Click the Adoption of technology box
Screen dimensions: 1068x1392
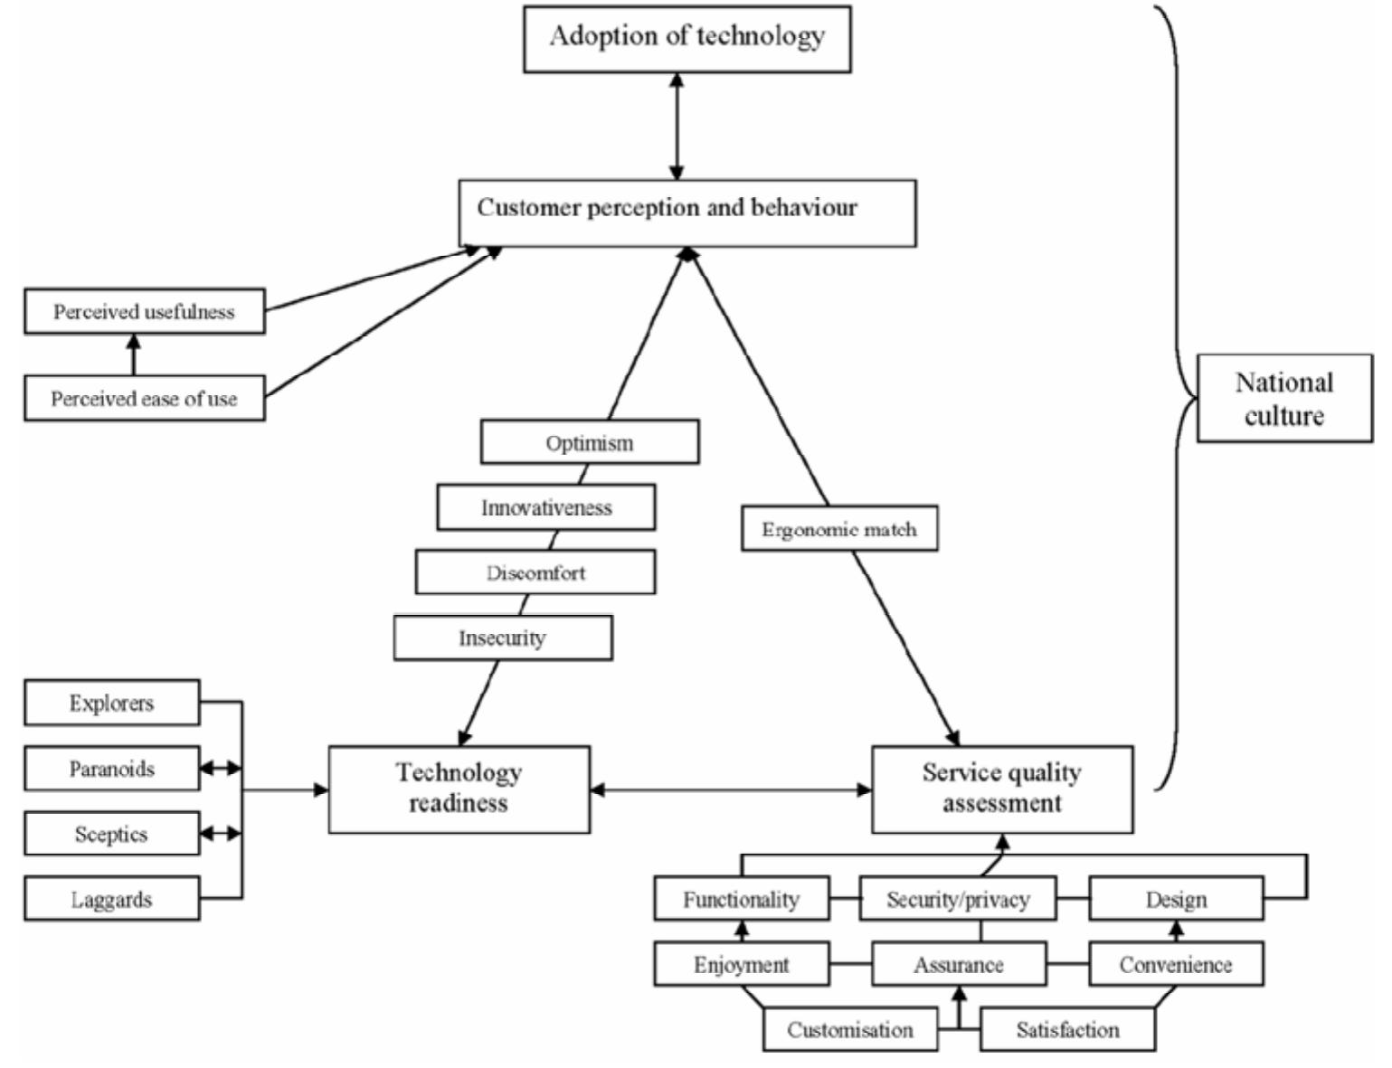[x=687, y=39]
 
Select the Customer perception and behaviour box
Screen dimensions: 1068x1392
[x=687, y=213]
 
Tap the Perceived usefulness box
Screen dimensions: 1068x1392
[x=145, y=312]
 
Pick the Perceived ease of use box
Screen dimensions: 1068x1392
[x=145, y=399]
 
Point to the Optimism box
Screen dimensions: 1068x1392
[x=590, y=442]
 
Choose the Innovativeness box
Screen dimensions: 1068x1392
[x=546, y=507]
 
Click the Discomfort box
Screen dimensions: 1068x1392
[x=535, y=572]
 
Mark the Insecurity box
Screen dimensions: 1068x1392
[x=503, y=638]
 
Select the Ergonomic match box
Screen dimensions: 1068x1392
[x=839, y=529]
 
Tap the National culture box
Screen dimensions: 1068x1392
[x=1284, y=398]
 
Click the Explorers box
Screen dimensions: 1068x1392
[x=112, y=703]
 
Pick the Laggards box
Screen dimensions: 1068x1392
[x=112, y=899]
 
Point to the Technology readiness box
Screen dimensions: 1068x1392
[x=459, y=789]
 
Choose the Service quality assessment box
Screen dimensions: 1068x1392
[x=1001, y=789]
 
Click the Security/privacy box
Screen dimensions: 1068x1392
[x=958, y=899]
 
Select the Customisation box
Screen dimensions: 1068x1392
[x=850, y=1029]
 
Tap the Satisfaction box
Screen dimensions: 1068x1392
[x=1067, y=1029]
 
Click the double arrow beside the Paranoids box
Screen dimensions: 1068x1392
[x=221, y=769]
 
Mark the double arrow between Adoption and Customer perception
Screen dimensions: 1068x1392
[x=677, y=126]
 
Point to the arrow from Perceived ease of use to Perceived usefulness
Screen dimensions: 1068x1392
[x=134, y=355]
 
